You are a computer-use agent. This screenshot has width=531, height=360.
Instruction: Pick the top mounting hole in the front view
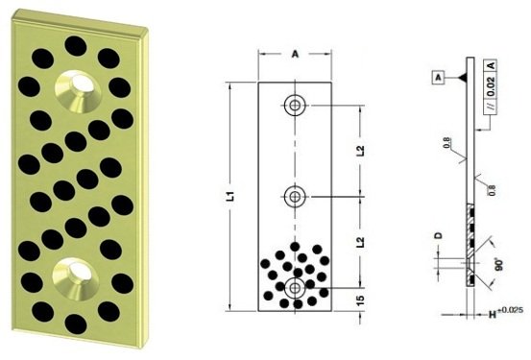tap(295, 105)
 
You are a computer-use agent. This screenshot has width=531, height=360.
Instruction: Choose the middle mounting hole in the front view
tap(295, 196)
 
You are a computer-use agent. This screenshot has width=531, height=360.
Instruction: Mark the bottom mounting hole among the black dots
tap(295, 286)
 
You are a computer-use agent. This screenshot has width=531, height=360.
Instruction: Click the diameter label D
tap(438, 234)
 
